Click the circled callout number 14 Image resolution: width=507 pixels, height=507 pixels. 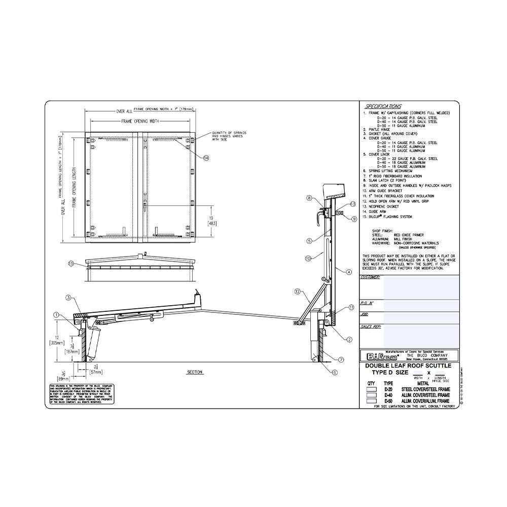pos(206,158)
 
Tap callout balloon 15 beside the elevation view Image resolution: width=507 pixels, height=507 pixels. pos(71,264)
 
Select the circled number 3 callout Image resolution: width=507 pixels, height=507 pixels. pos(68,298)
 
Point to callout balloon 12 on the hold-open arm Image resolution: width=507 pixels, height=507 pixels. pos(298,292)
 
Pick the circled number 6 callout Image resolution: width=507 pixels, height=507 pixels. pos(334,372)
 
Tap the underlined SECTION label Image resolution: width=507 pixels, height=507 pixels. pos(195,372)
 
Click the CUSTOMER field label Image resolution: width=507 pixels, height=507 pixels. pos(370,277)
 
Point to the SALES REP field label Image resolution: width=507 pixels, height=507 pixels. pos(371,328)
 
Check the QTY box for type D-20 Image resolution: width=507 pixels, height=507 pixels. pos(372,389)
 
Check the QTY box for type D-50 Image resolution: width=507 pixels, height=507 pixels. pos(372,401)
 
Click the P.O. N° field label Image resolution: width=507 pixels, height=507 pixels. pos(368,303)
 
